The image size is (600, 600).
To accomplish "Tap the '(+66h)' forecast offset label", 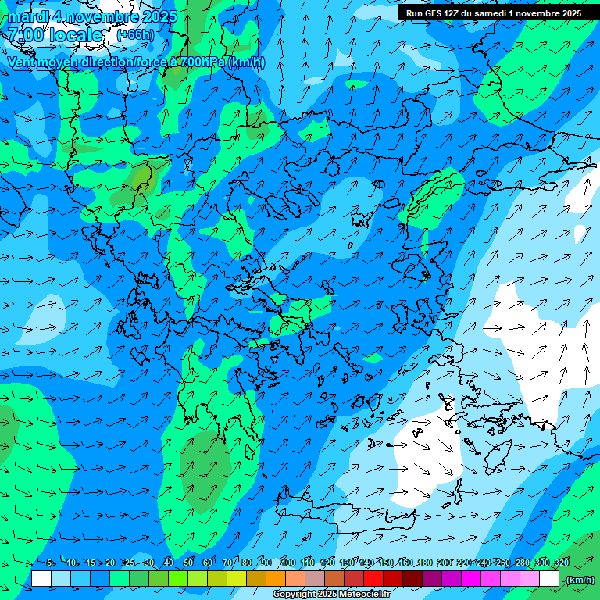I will pos(135,35).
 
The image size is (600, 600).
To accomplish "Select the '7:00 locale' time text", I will pos(55,36).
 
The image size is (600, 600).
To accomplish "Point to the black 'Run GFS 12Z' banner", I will pos(493,13).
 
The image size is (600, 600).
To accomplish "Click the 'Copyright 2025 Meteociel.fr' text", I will pos(332,595).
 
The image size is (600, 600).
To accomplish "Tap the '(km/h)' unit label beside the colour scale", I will pos(580,580).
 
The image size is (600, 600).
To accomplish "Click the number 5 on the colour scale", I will pos(50,562).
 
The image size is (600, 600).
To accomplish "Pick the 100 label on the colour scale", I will pos(288,562).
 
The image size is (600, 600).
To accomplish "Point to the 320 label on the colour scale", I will pos(562,562).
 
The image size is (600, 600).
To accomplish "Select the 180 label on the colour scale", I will pos(425,562).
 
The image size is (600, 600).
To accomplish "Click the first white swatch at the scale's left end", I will pos(41,579).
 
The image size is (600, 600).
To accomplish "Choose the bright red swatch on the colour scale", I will pos(373,579).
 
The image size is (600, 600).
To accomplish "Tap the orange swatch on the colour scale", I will pos(276,579).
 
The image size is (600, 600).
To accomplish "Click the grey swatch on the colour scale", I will pos(315,579).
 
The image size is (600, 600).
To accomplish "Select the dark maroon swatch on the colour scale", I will pos(412,579).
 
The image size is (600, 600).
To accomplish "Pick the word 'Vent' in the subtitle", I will pos(21,62).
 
